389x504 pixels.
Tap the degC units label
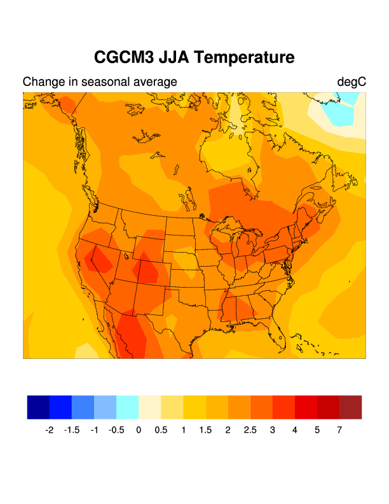pos(352,82)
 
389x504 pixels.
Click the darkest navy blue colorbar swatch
pos(38,407)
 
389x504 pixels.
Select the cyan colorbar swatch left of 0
pos(127,407)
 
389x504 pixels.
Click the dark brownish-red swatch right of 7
pos(350,407)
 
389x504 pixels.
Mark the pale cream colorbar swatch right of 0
pos(149,407)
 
